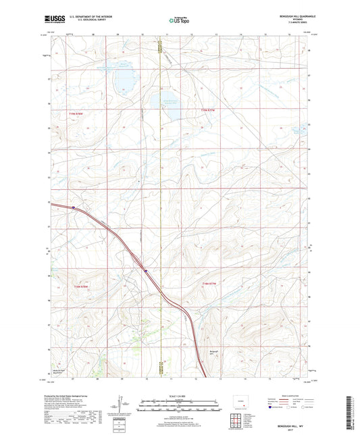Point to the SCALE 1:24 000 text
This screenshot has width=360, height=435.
[x=179, y=396]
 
